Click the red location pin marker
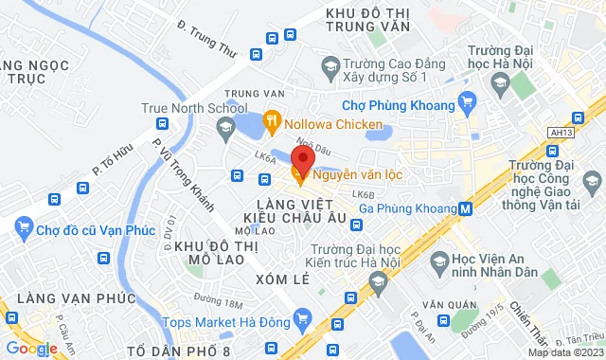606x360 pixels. click(x=301, y=158)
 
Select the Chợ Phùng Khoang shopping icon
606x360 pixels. click(x=466, y=100)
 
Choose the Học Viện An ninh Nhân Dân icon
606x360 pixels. click(x=438, y=260)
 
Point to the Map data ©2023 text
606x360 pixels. click(x=564, y=352)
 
